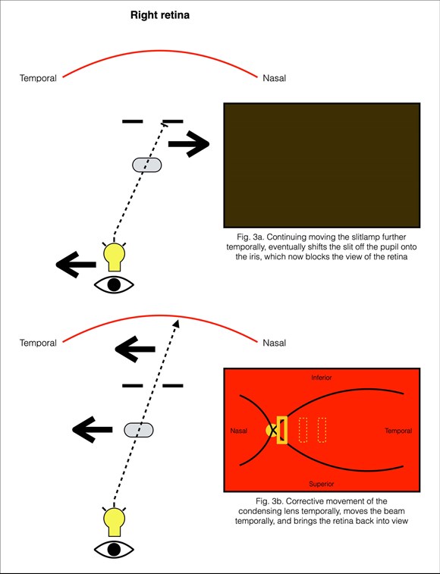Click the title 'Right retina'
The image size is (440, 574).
point(160,15)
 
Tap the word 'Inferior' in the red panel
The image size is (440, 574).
point(322,378)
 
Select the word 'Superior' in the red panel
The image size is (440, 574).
point(322,484)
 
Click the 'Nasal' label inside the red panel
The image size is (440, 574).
point(239,431)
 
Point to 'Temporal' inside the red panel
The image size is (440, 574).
point(398,431)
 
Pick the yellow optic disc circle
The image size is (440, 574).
point(272,431)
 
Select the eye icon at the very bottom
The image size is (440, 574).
point(114,549)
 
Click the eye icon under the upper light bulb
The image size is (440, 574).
point(114,284)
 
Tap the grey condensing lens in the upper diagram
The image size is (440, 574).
point(146,165)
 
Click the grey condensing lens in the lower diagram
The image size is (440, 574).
point(139,430)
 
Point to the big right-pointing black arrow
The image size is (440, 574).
point(189,143)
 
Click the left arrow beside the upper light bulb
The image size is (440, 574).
point(76,265)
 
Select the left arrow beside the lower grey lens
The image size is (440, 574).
point(93,429)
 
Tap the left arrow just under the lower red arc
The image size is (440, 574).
point(135,349)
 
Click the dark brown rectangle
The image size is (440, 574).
point(322,165)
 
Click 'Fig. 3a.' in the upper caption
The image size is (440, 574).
point(247,237)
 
